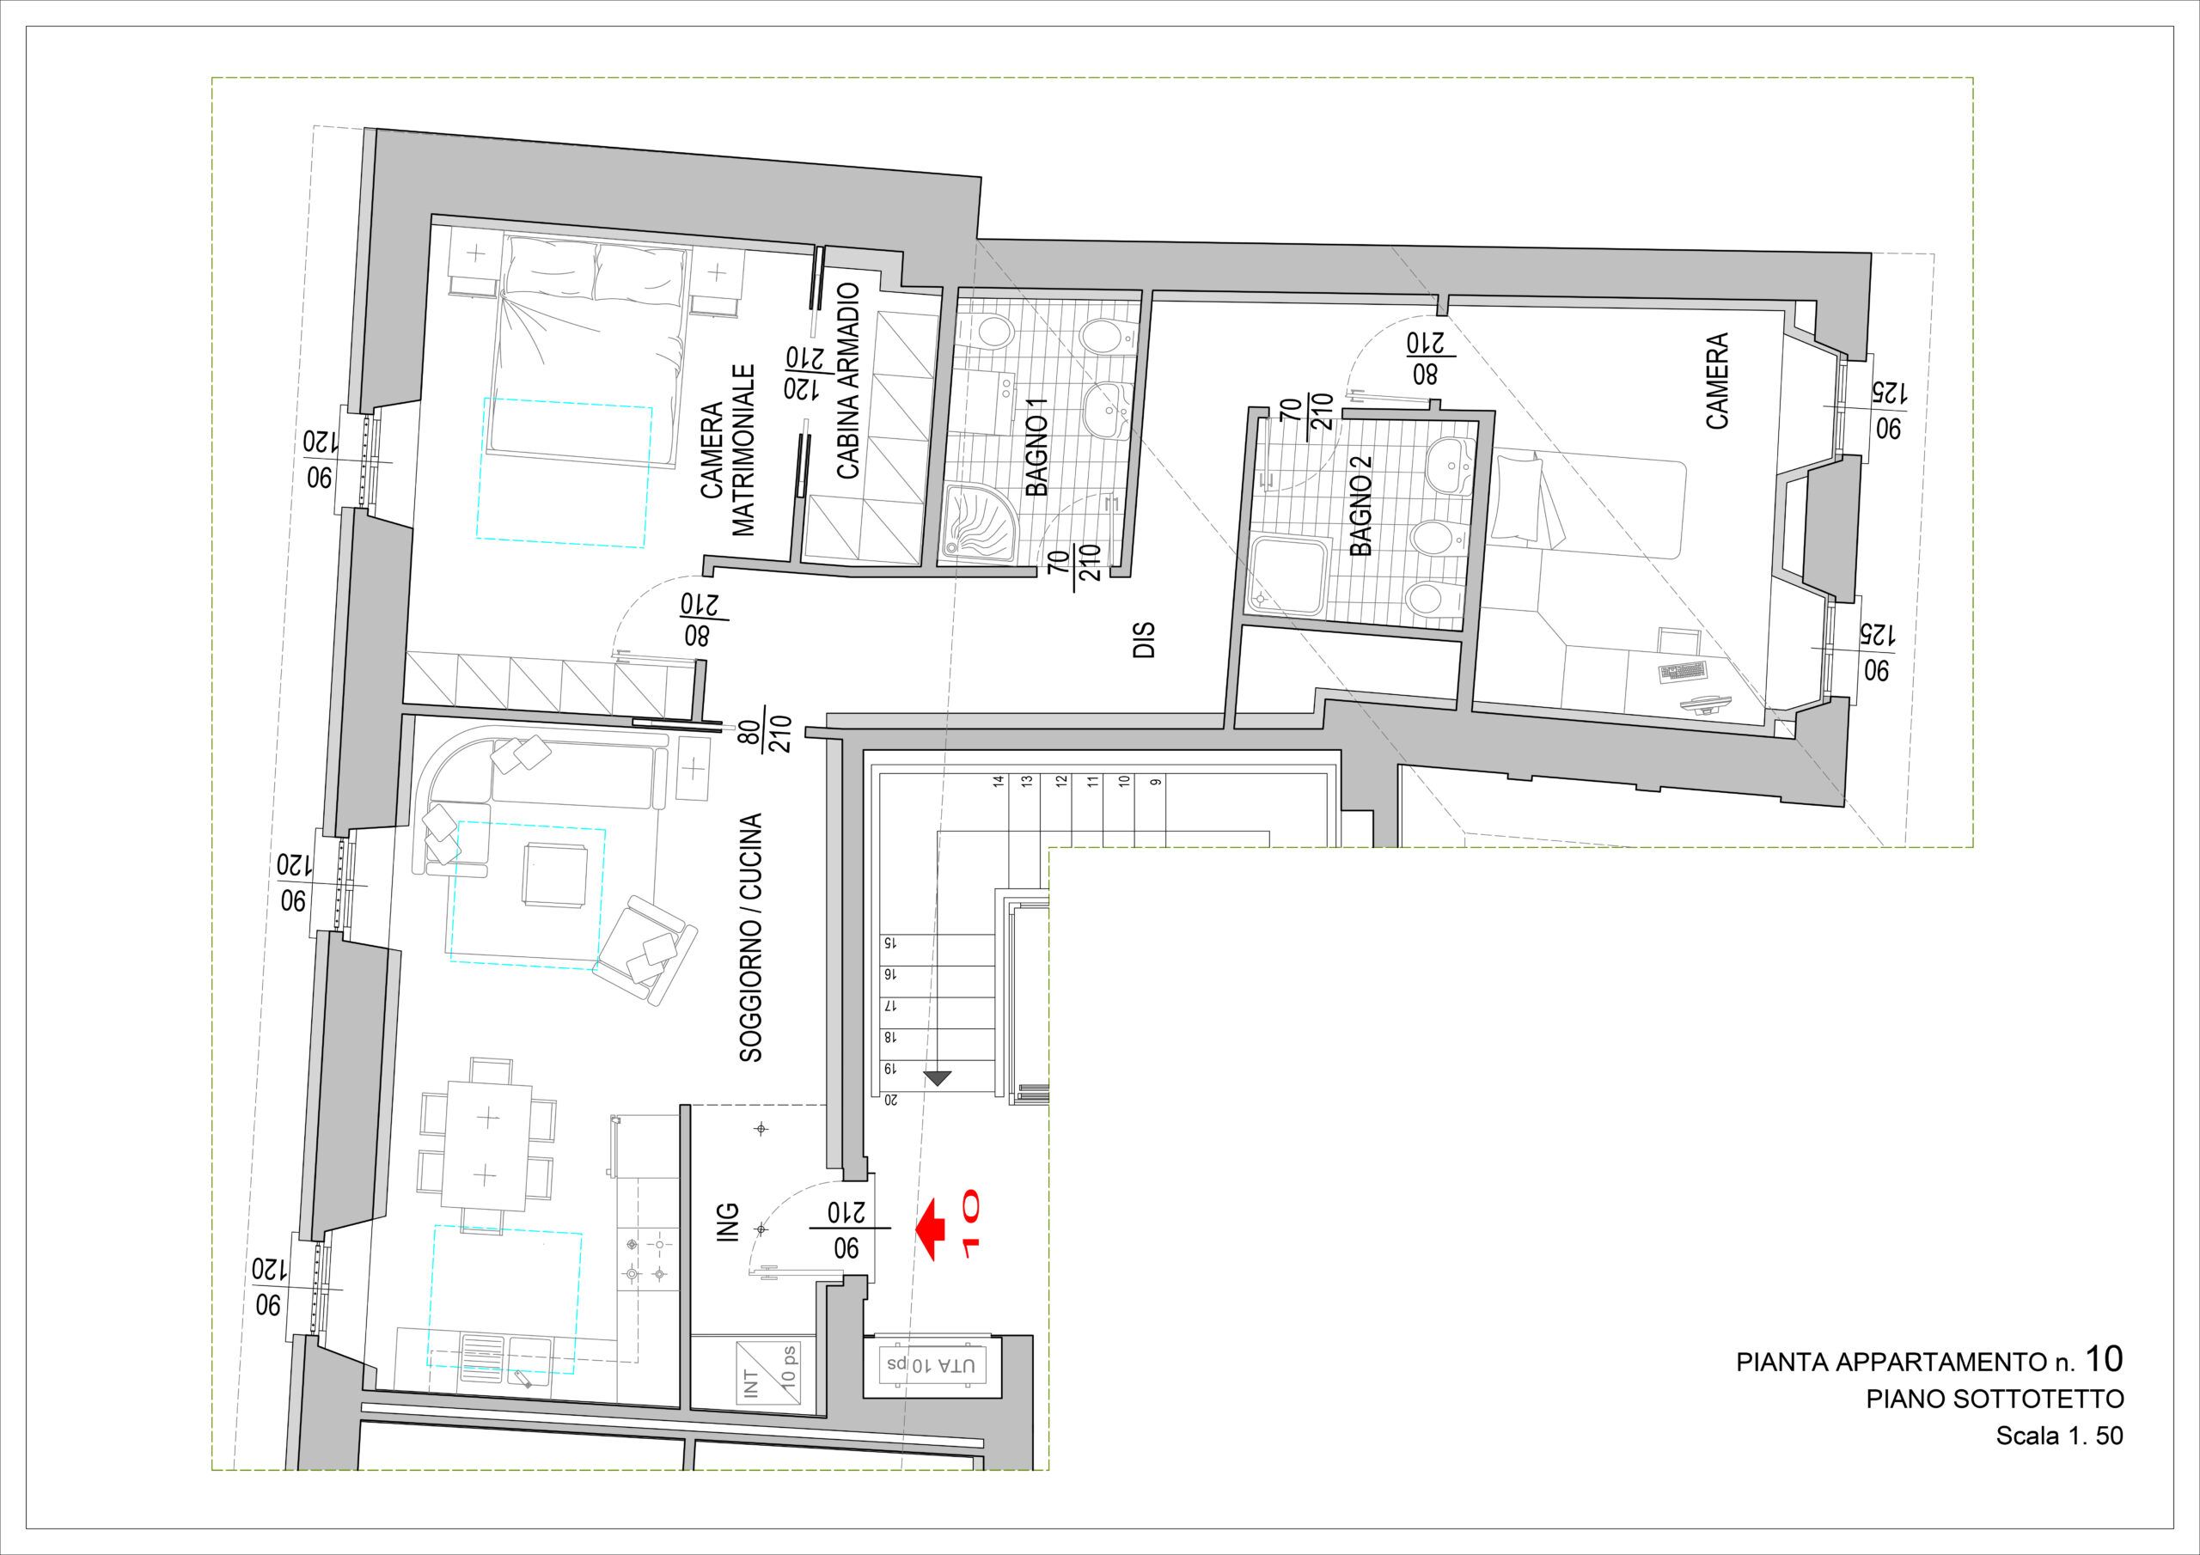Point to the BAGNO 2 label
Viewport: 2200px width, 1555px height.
pyautogui.click(x=1360, y=506)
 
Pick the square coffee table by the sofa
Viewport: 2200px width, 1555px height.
pyautogui.click(x=553, y=872)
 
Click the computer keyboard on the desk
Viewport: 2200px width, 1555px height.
pyautogui.click(x=1684, y=671)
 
